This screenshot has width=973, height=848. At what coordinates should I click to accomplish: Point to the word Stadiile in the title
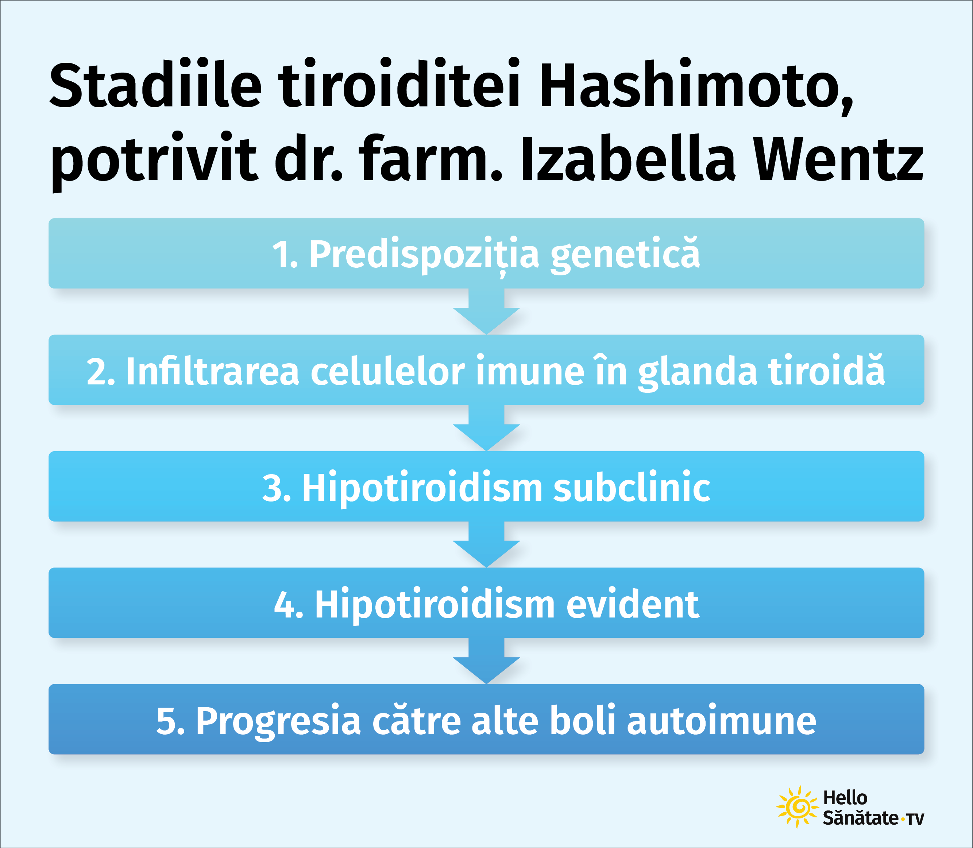click(155, 83)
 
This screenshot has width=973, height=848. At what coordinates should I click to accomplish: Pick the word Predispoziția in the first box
click(424, 255)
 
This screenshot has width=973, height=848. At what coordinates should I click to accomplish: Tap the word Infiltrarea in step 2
click(212, 371)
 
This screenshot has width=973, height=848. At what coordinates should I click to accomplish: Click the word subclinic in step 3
click(632, 487)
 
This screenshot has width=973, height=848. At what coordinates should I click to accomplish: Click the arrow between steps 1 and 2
click(487, 311)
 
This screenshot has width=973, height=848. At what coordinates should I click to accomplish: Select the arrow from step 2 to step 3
click(487, 427)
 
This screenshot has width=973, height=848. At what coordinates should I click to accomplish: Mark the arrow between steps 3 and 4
click(487, 544)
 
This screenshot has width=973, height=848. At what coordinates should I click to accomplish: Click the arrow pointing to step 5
click(487, 661)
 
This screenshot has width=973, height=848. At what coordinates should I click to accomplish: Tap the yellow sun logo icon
click(798, 807)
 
